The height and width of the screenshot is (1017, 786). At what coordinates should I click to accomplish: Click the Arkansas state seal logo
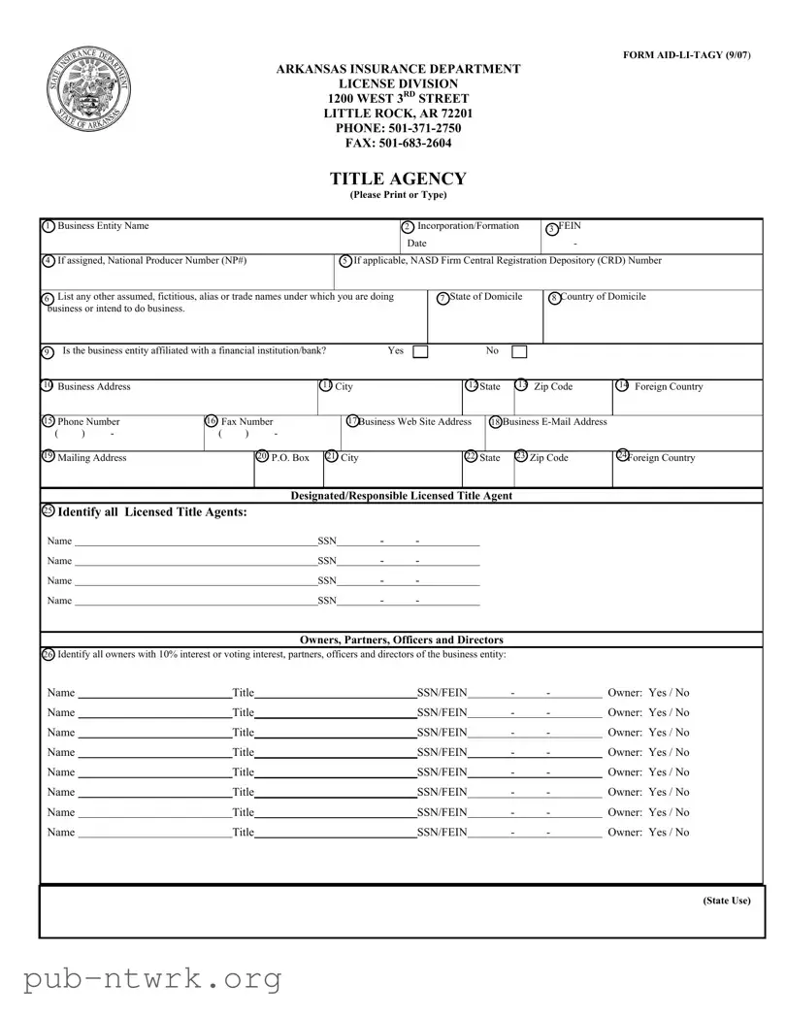(88, 93)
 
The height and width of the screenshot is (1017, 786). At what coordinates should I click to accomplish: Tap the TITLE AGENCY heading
(398, 179)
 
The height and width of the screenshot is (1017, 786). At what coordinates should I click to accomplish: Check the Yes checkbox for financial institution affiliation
(420, 351)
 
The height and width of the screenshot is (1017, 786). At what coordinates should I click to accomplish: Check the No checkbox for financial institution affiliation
(519, 351)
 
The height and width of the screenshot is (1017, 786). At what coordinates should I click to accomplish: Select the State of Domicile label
(486, 297)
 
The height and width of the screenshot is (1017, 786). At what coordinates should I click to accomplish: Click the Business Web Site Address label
(414, 422)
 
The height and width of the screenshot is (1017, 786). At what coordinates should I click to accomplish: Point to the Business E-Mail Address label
(554, 422)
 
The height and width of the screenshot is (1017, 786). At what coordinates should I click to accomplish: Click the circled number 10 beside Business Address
(47, 386)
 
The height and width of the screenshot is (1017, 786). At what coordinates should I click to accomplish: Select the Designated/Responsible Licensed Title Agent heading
(402, 496)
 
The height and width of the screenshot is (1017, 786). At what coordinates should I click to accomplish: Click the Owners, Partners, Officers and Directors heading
(402, 640)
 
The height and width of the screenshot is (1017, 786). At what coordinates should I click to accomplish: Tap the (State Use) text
(727, 901)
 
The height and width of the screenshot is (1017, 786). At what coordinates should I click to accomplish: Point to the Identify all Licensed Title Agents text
(152, 512)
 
